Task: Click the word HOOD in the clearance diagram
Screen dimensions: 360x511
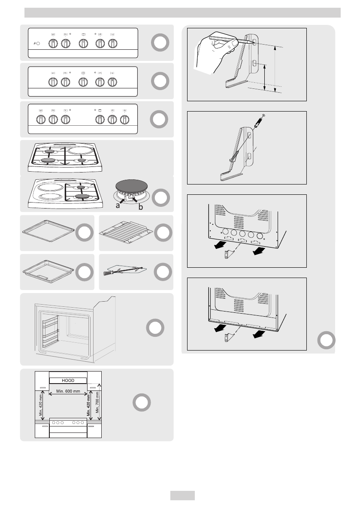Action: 68,380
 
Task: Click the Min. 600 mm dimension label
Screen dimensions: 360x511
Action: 68,391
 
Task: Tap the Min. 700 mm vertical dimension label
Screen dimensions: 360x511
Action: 97,402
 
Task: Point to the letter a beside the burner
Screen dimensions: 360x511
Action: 118,206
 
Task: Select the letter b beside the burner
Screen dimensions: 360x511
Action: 141,207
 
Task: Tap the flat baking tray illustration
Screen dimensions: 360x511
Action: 48,231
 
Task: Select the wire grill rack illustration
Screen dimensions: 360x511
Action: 126,232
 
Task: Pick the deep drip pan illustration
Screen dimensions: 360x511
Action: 48,271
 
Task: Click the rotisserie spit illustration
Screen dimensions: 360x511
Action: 125,270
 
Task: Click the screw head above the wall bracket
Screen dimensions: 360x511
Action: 263,116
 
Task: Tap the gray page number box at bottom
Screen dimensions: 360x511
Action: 182,496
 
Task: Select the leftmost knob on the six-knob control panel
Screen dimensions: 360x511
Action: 41,120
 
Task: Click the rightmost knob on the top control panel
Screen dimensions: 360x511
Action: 113,43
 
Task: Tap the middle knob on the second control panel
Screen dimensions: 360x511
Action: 83,82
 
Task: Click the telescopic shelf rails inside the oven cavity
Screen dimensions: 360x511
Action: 51,331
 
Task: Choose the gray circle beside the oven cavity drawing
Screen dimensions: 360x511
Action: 155,328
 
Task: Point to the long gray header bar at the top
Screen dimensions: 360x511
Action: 182,13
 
